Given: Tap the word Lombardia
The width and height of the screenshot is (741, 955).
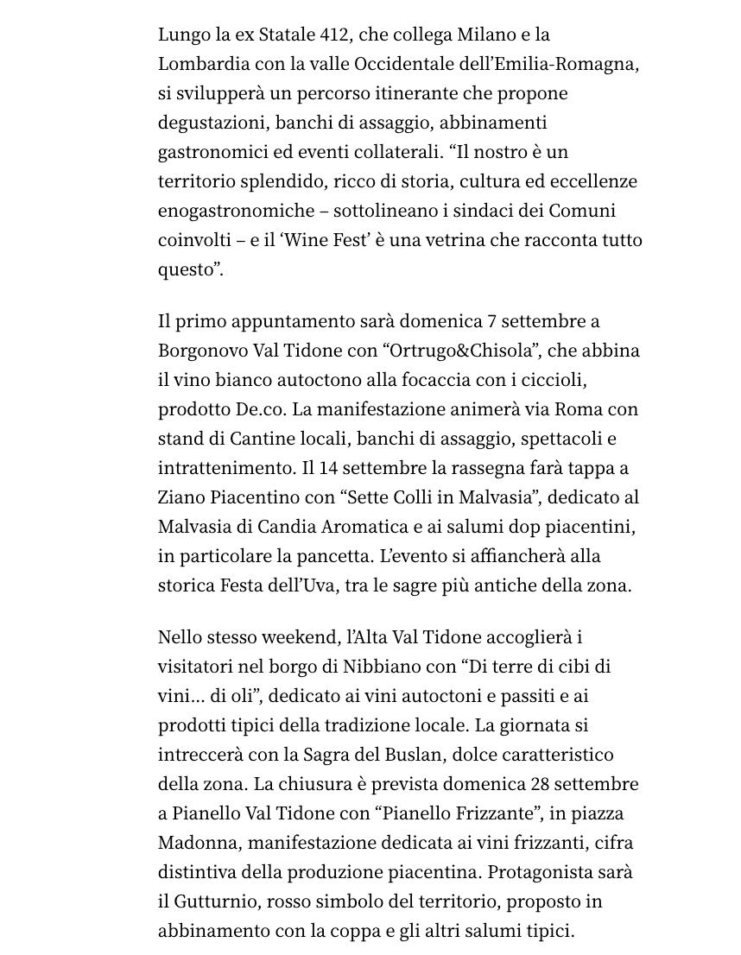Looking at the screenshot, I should click(x=201, y=64).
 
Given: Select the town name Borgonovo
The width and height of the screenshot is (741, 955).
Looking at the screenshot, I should click(x=202, y=351).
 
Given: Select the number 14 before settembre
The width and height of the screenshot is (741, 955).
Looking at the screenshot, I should click(x=328, y=468).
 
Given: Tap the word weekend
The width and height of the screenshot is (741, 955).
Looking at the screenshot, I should click(x=299, y=637).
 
